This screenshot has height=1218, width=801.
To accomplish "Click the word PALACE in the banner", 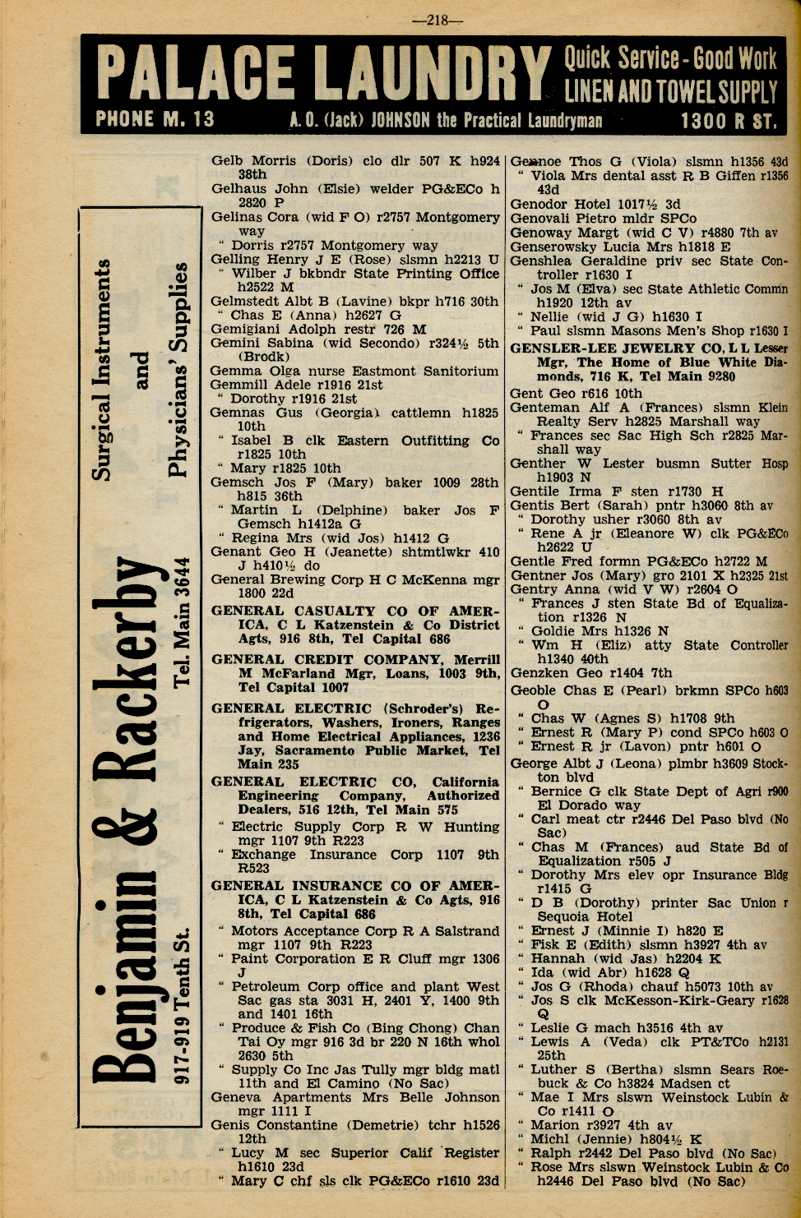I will (x=196, y=74).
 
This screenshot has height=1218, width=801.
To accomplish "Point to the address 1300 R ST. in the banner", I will (x=727, y=121).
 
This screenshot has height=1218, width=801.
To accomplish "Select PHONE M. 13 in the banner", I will (x=155, y=119).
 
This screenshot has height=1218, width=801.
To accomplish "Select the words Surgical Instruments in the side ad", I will (x=102, y=370).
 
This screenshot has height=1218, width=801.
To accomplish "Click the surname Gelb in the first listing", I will (x=227, y=160).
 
